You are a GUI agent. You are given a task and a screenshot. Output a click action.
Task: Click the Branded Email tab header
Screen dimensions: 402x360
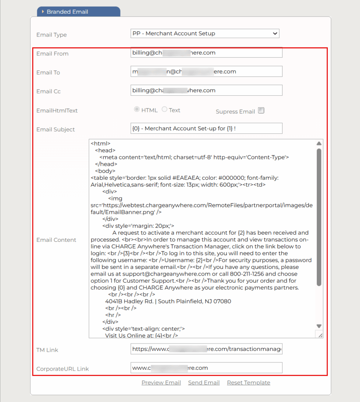[x=79, y=12]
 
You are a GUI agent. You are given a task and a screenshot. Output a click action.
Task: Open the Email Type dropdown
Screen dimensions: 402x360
[x=205, y=33]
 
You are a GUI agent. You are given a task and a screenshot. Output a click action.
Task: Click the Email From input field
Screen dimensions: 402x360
[x=206, y=53]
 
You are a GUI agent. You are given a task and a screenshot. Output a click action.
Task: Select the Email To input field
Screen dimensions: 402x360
[x=206, y=71]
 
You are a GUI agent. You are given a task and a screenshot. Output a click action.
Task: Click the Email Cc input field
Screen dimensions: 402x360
[x=206, y=90]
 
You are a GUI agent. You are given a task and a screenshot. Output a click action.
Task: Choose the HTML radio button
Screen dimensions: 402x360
[x=137, y=110]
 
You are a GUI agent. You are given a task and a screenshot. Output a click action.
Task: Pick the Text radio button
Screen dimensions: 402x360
[x=164, y=110]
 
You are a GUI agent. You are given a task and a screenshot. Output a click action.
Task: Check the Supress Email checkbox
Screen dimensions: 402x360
[x=261, y=111]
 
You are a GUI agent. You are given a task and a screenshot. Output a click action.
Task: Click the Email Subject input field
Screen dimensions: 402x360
[x=206, y=128]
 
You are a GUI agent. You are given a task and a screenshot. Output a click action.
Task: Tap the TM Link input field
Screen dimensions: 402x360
[x=206, y=349]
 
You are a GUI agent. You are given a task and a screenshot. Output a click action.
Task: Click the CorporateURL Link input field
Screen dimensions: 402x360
[x=206, y=368]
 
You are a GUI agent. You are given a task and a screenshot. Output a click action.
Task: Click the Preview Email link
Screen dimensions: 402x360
[x=161, y=383]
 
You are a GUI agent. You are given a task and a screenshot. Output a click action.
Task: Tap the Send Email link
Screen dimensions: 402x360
[x=204, y=383]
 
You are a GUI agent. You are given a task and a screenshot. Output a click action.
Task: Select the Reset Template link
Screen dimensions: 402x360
[x=249, y=383]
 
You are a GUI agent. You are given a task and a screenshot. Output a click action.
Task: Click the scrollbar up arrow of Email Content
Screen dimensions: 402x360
[x=319, y=143]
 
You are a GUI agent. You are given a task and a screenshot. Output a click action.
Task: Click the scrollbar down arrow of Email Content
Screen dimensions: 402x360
[x=319, y=326]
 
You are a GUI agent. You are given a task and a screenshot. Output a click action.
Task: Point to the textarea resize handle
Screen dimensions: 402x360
[x=320, y=335]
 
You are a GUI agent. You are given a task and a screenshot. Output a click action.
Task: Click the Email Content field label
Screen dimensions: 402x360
[x=56, y=240]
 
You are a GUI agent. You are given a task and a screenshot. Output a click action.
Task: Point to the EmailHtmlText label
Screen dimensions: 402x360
[x=57, y=111]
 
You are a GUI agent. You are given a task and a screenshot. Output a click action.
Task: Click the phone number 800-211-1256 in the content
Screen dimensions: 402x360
[x=242, y=274]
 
